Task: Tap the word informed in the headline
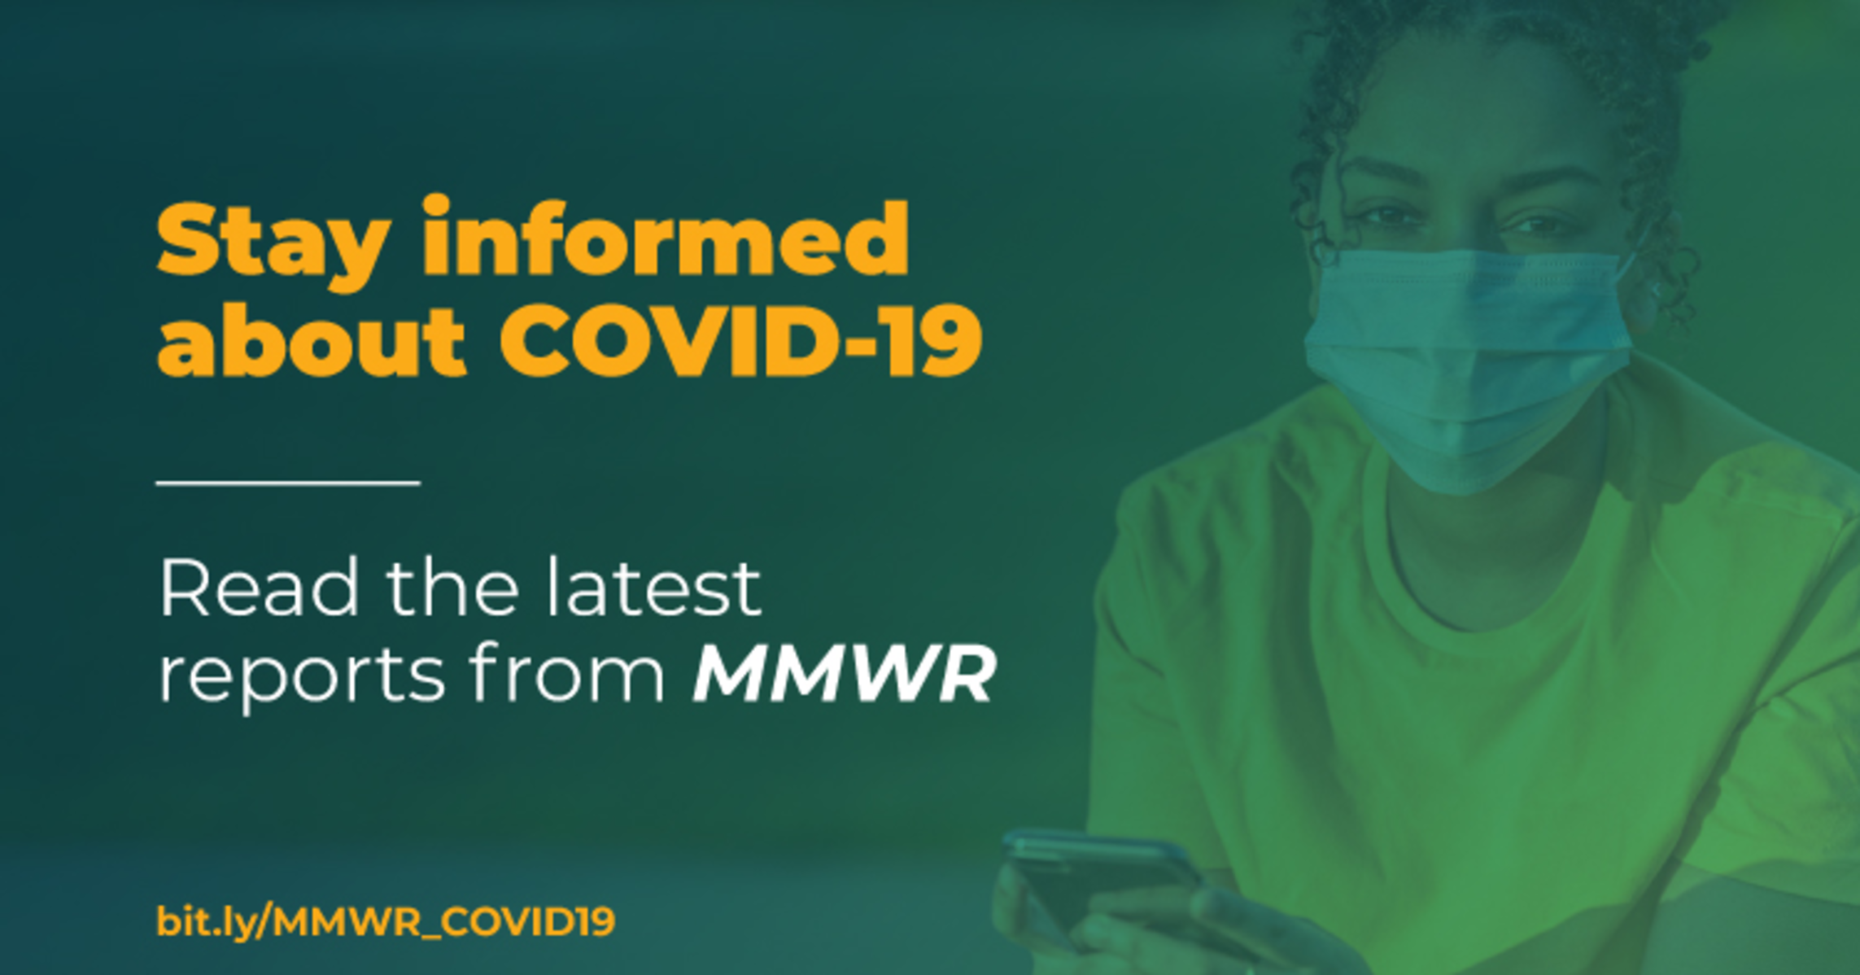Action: [666, 236]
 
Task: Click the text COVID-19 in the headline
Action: [740, 339]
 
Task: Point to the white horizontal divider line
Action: [288, 483]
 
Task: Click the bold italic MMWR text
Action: [844, 673]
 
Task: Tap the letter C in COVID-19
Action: [537, 340]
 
